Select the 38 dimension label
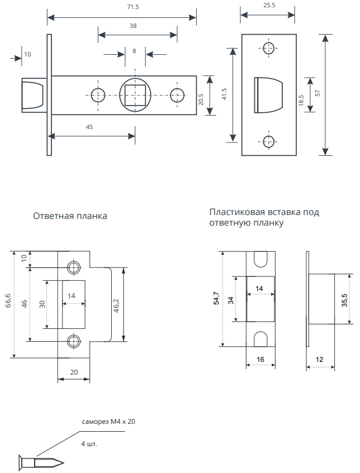132,26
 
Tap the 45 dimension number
89,127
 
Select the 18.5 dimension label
301,100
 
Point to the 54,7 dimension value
215,299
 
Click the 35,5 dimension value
344,299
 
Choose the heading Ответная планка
70,216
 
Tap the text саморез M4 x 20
108,422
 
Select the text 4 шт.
90,445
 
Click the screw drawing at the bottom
41,462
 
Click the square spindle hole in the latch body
135,94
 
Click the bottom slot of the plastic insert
261,339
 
